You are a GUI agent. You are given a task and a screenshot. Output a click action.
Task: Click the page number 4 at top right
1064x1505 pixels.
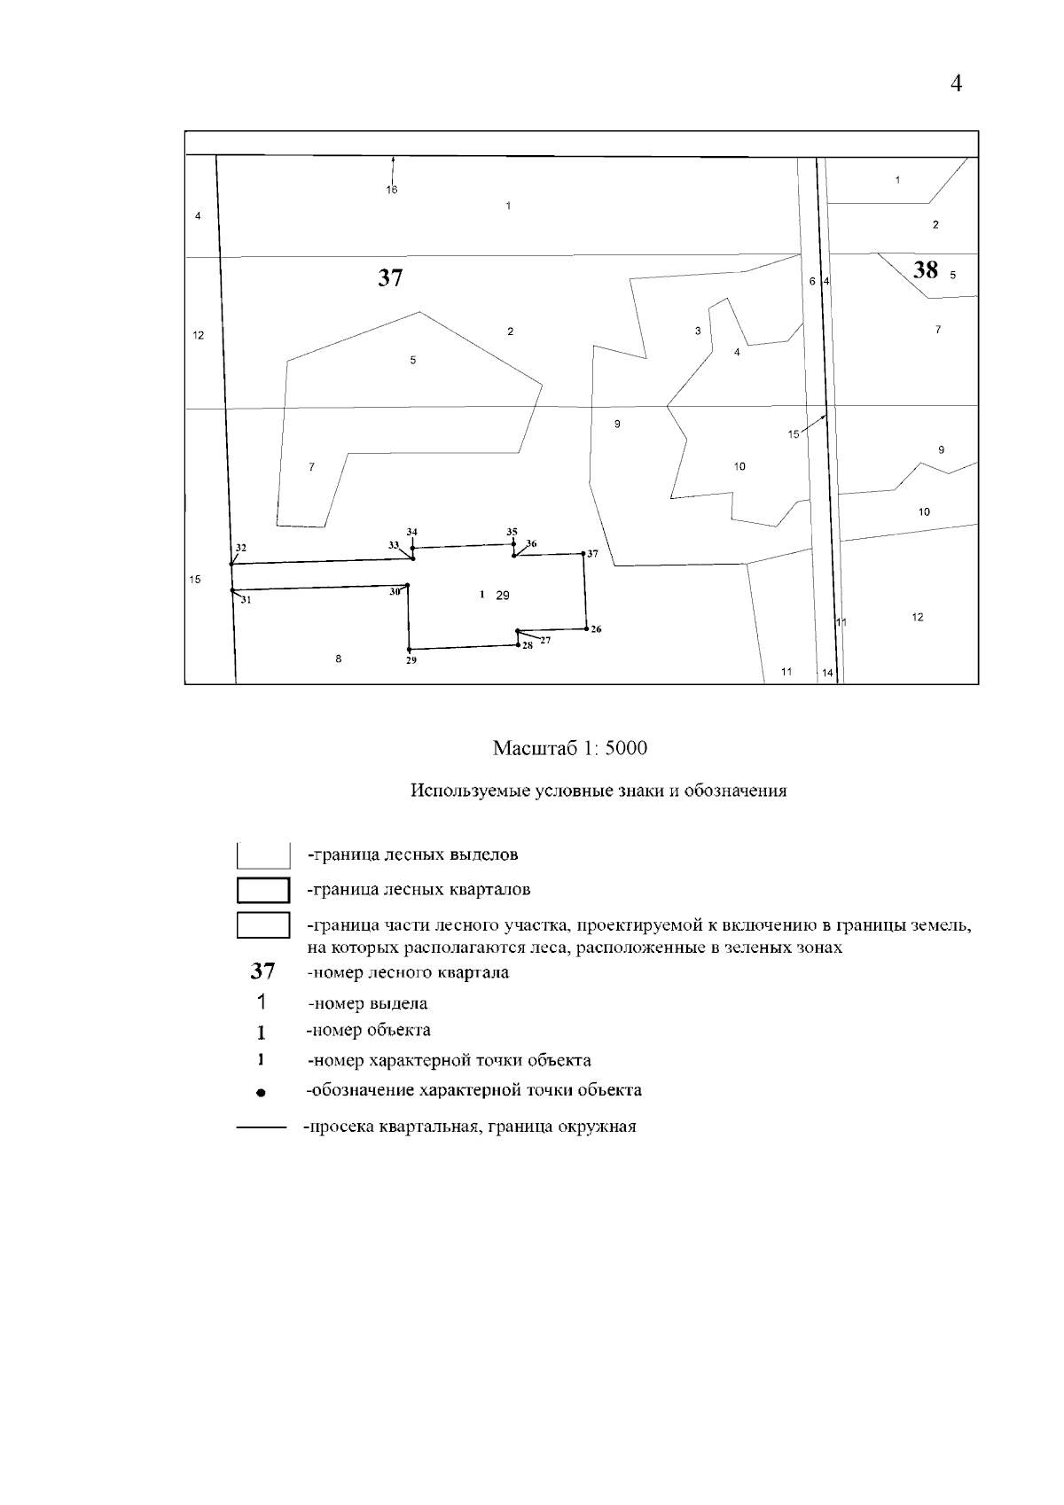pyautogui.click(x=956, y=84)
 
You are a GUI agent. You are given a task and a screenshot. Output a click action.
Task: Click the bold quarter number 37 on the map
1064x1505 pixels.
pyautogui.click(x=390, y=278)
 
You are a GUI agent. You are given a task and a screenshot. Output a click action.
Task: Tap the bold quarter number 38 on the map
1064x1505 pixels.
pyautogui.click(x=925, y=270)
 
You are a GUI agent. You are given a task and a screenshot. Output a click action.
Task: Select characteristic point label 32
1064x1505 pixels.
pyautogui.click(x=241, y=548)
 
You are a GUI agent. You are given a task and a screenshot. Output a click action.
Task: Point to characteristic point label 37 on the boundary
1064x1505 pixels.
pyautogui.click(x=592, y=554)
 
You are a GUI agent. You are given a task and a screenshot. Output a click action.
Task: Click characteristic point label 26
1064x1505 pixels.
pyautogui.click(x=596, y=629)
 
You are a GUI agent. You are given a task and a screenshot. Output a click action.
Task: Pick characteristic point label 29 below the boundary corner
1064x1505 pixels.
pyautogui.click(x=411, y=660)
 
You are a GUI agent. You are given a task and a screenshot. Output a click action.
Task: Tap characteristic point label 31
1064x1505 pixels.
pyautogui.click(x=246, y=600)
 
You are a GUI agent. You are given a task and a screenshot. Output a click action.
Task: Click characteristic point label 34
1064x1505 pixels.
pyautogui.click(x=411, y=532)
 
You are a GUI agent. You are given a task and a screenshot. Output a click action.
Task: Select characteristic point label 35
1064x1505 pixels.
pyautogui.click(x=512, y=532)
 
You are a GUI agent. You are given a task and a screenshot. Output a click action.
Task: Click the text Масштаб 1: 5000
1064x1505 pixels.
pyautogui.click(x=569, y=748)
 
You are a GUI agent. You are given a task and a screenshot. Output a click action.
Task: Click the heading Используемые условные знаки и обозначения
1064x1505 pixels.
pyautogui.click(x=598, y=791)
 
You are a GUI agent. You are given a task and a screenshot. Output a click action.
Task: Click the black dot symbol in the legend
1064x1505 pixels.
pyautogui.click(x=261, y=1093)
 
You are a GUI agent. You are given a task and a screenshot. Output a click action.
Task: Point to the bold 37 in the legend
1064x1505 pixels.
pyautogui.click(x=262, y=971)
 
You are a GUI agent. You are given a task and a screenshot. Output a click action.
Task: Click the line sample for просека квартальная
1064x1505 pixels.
pyautogui.click(x=261, y=1128)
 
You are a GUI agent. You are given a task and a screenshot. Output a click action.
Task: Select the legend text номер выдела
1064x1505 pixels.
pyautogui.click(x=368, y=1004)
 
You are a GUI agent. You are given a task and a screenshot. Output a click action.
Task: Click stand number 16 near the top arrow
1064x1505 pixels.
pyautogui.click(x=392, y=190)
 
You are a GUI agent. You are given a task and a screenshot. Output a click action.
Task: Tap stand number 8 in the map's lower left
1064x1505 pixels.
pyautogui.click(x=339, y=659)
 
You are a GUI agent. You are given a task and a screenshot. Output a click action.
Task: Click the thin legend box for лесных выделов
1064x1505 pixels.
pyautogui.click(x=263, y=855)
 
